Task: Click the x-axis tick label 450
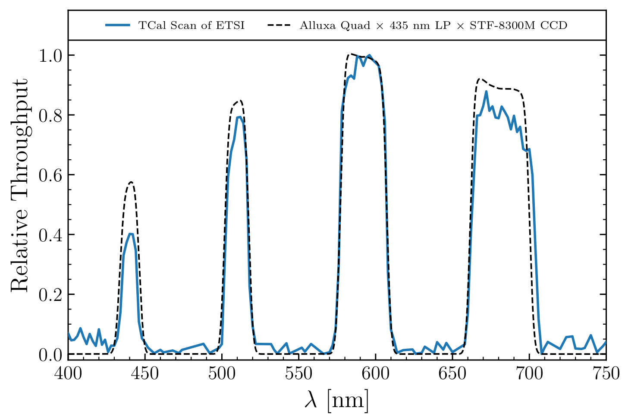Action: click(145, 373)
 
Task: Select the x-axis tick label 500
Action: click(222, 373)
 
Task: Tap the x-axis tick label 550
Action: click(298, 373)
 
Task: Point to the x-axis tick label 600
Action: click(375, 373)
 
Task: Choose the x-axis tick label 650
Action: click(452, 373)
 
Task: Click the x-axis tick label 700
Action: click(529, 373)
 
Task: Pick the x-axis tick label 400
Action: click(68, 373)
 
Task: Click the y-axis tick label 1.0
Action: click(50, 56)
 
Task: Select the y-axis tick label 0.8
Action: click(50, 115)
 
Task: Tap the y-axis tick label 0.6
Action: click(50, 175)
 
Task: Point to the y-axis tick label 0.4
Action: click(50, 235)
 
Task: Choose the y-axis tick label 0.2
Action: click(50, 294)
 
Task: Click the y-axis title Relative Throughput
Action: click(19, 186)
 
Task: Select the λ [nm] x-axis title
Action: click(337, 400)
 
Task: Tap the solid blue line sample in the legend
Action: click(117, 25)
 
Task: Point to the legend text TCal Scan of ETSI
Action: click(191, 25)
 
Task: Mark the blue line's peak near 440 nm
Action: click(130, 234)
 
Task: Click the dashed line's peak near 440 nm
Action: click(131, 182)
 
